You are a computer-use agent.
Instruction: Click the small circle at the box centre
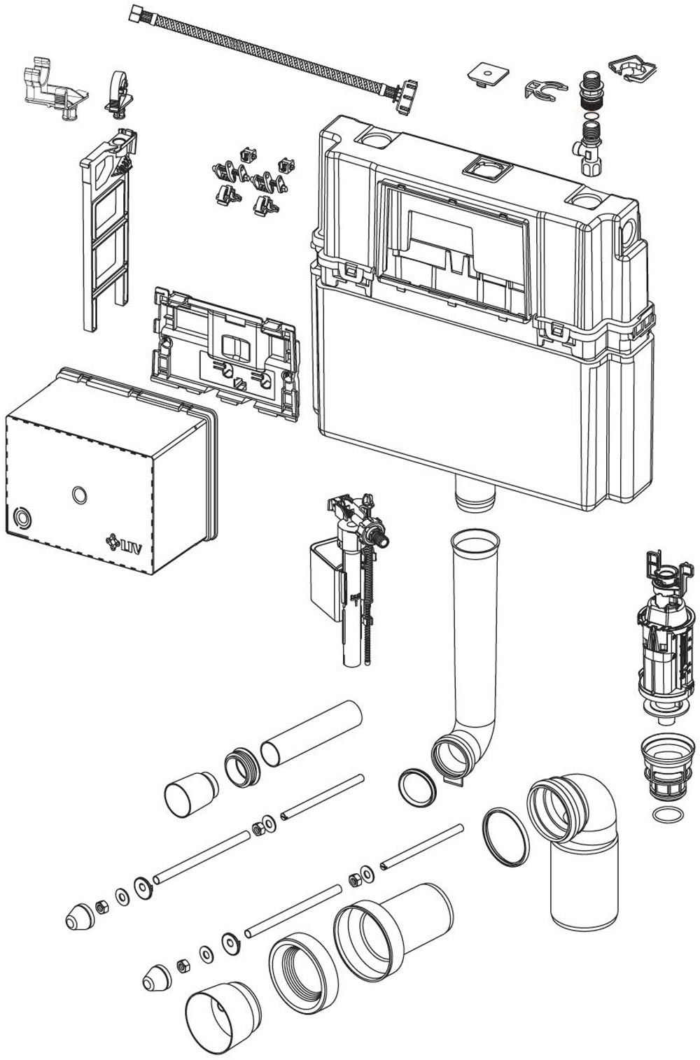[x=80, y=495]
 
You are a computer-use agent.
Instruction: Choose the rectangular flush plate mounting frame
[x=224, y=350]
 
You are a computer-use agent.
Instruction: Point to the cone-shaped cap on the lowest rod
[x=157, y=977]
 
